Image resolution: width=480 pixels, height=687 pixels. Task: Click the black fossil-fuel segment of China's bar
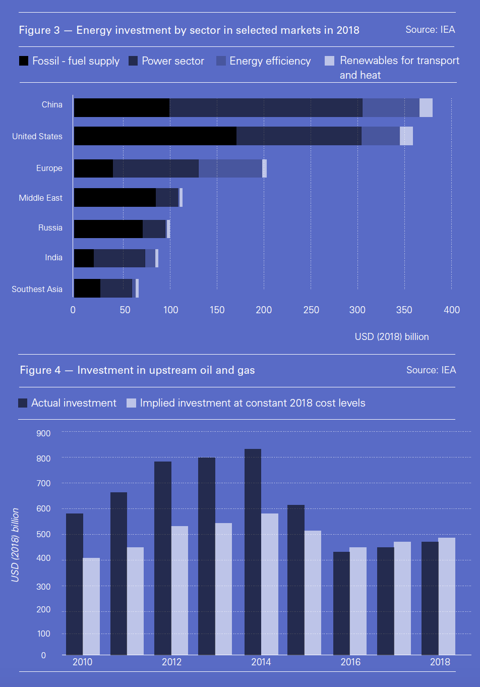click(122, 107)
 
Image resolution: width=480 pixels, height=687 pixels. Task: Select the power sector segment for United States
click(298, 136)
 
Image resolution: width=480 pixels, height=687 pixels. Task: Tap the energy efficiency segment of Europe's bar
click(230, 168)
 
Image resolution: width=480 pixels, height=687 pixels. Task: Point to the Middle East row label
click(40, 198)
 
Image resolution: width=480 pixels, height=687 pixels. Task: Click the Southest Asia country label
click(37, 289)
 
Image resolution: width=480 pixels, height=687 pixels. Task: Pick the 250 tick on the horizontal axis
click(311, 310)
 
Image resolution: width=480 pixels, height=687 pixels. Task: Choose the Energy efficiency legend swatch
click(221, 61)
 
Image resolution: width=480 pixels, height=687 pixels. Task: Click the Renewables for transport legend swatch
click(330, 61)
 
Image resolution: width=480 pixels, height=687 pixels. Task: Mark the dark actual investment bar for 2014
click(253, 552)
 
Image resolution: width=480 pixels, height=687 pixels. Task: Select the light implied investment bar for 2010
click(91, 606)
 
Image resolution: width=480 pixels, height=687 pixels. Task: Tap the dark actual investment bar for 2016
click(341, 603)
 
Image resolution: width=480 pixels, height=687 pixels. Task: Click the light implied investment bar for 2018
click(447, 596)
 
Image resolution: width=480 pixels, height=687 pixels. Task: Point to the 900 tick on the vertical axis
click(43, 433)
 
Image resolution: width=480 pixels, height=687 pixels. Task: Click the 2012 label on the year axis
click(171, 662)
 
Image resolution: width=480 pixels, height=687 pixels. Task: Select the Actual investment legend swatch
click(23, 403)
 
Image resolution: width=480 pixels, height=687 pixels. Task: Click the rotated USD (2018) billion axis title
click(15, 545)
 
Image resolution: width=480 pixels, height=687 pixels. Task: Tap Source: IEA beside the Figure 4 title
click(431, 370)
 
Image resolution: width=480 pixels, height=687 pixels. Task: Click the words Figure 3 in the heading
click(39, 30)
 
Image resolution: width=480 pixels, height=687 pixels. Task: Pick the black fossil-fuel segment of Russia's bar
click(108, 229)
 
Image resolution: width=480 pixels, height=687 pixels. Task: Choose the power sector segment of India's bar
click(119, 258)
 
